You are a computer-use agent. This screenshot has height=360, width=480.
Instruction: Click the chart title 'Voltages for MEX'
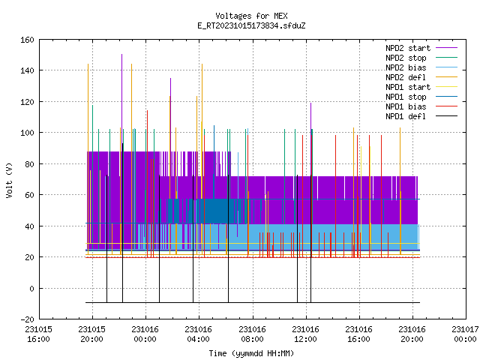(x=251, y=16)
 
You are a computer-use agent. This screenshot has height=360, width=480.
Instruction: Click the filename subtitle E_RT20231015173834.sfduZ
(x=251, y=25)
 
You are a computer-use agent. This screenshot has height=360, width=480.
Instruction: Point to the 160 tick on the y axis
(x=27, y=40)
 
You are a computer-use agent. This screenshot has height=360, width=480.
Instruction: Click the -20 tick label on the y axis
(x=27, y=319)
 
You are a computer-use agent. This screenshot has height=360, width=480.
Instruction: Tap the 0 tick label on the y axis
(x=31, y=288)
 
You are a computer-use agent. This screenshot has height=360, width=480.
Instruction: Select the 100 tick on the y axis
(x=27, y=133)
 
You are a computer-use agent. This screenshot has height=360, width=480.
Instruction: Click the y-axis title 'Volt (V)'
(x=9, y=180)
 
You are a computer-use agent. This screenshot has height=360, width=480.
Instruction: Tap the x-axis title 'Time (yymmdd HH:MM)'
(x=251, y=353)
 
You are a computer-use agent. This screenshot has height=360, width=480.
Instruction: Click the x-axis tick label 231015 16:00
(x=38, y=334)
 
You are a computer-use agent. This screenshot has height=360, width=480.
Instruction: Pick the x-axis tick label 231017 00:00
(x=465, y=334)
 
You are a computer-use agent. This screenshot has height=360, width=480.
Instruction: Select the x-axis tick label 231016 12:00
(x=305, y=334)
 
